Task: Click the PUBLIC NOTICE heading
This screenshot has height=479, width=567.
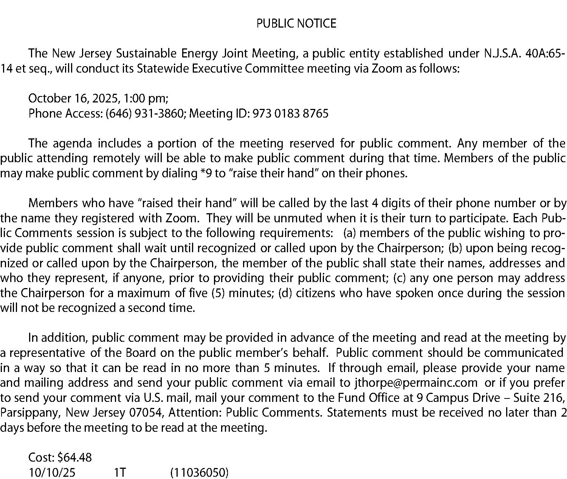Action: [x=296, y=24]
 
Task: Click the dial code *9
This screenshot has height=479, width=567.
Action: [x=206, y=173]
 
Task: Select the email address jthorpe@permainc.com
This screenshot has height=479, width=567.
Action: [x=416, y=383]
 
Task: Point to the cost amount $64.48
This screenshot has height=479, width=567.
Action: [x=75, y=458]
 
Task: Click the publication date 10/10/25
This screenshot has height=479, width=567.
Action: [x=52, y=473]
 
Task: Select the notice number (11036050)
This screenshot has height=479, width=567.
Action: [x=200, y=473]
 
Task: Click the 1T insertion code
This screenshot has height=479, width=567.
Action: [x=120, y=473]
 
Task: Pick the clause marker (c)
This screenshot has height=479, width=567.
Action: [x=400, y=278]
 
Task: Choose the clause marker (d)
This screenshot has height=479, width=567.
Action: [x=285, y=293]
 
